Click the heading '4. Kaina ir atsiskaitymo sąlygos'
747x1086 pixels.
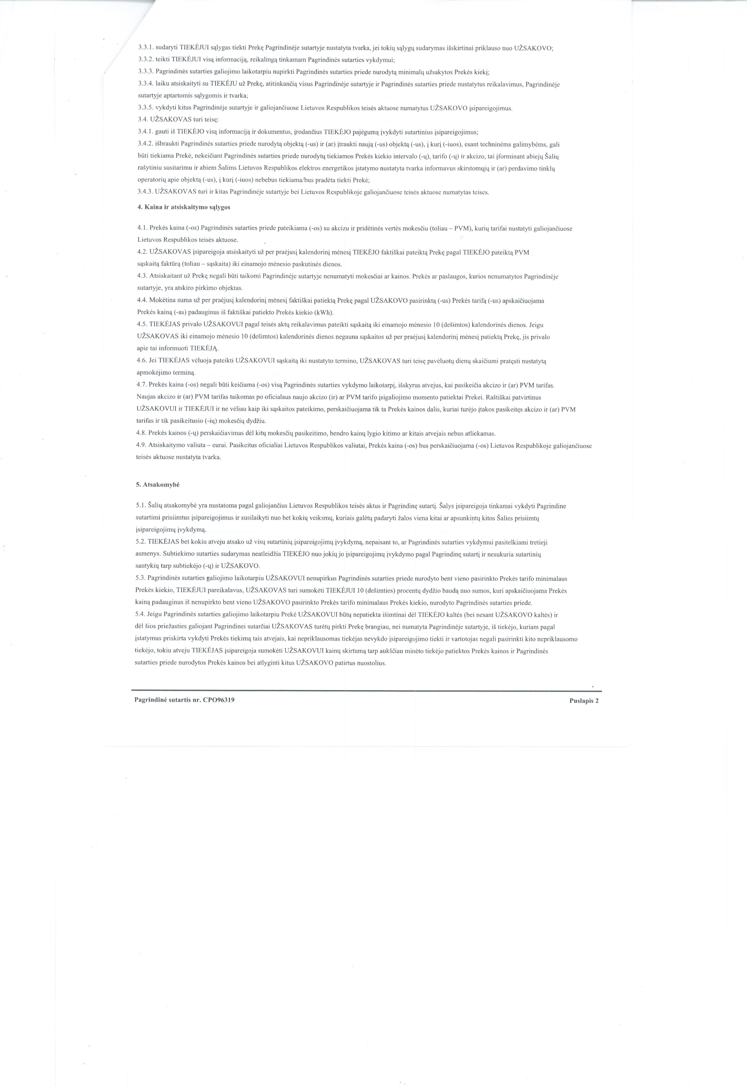[183, 207]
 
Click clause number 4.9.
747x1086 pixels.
[142, 446]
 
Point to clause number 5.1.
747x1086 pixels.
[141, 506]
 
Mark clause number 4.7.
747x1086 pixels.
[142, 385]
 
